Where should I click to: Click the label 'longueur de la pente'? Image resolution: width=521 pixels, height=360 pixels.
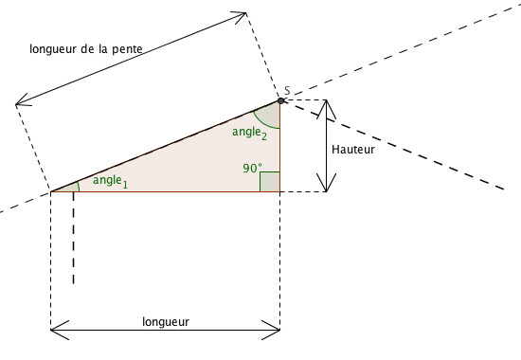pos(87,50)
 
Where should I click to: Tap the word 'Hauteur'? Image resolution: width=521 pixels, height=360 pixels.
pos(353,150)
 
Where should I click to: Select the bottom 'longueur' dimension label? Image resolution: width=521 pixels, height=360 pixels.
pos(166,321)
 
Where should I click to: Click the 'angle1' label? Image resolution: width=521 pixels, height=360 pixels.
pos(109,180)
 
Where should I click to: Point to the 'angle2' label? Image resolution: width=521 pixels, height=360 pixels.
pos(249,133)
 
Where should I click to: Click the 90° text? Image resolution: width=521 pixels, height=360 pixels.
pos(251,168)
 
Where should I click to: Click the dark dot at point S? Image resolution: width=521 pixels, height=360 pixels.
pos(280,99)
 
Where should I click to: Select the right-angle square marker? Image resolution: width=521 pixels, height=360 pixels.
pos(270,182)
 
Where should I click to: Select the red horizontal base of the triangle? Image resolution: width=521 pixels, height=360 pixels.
pos(161,191)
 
